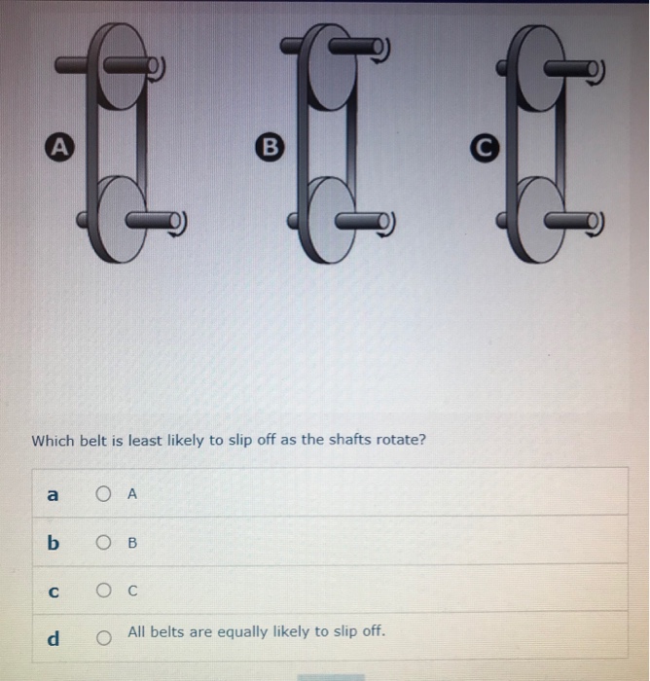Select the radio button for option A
pyautogui.click(x=104, y=493)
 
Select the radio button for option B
pyautogui.click(x=104, y=542)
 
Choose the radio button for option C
pyautogui.click(x=104, y=590)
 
